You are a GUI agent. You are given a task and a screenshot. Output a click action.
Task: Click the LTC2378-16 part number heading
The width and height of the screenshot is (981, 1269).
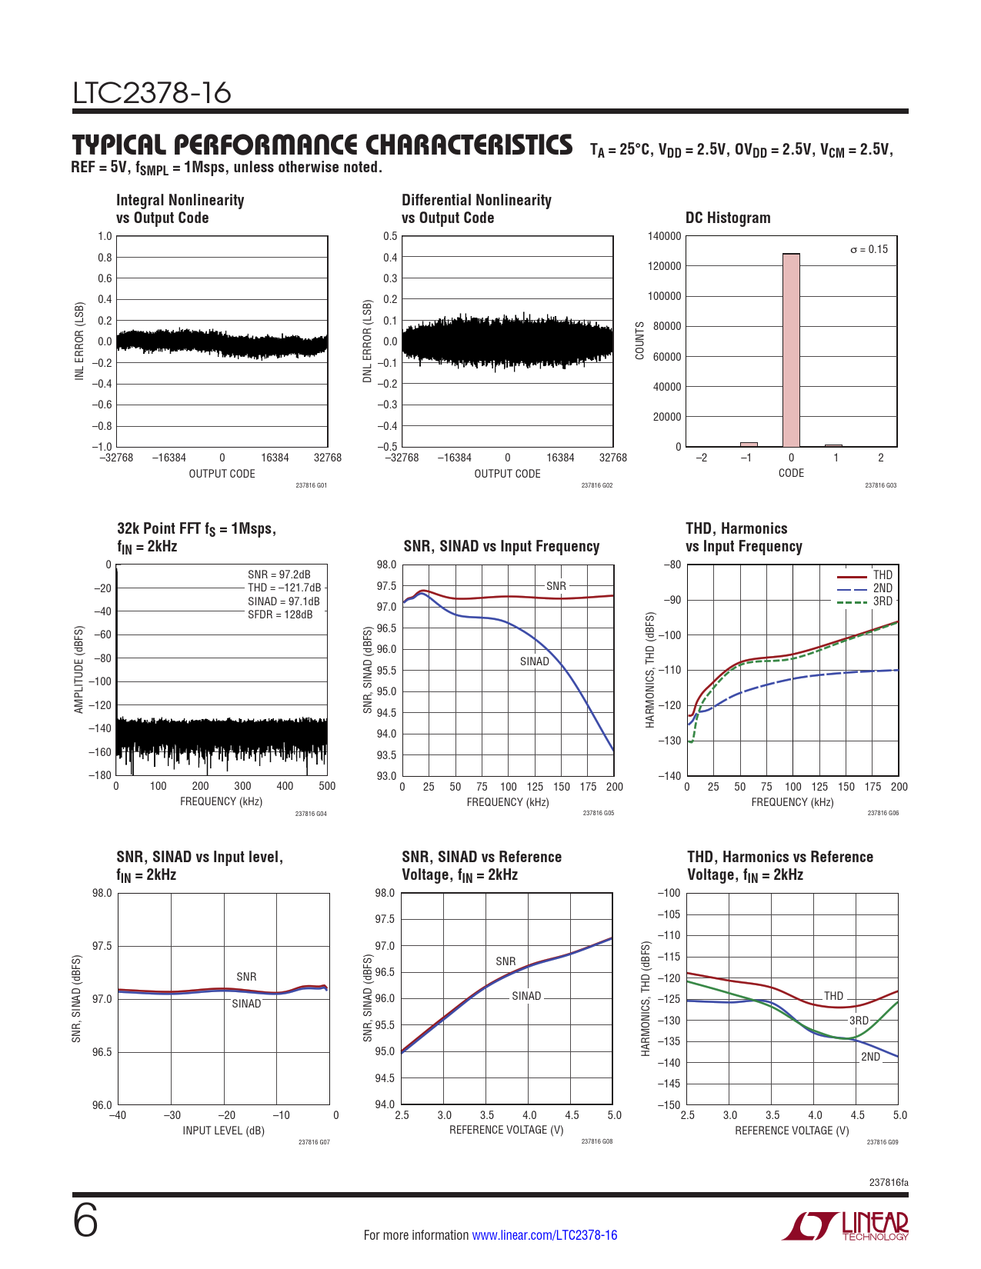[152, 94]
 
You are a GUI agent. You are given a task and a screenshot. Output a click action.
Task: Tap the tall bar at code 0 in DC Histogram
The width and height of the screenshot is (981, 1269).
[791, 350]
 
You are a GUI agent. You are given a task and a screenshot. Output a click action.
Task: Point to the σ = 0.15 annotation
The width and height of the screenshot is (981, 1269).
[869, 249]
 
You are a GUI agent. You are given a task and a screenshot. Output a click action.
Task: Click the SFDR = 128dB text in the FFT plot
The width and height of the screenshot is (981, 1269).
[280, 615]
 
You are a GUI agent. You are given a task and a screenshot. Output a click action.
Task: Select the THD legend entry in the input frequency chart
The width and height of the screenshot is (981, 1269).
[882, 575]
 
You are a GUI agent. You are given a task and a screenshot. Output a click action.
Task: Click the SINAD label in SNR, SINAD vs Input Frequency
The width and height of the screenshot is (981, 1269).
[534, 661]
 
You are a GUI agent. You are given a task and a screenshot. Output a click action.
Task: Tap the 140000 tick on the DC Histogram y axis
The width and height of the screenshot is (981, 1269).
[665, 236]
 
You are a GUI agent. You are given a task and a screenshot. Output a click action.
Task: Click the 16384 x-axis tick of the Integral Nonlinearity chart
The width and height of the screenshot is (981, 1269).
[275, 458]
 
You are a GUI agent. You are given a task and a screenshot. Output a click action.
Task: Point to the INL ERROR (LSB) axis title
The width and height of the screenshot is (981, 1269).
[79, 341]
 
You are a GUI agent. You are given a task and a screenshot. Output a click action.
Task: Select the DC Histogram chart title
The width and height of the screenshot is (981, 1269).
[727, 218]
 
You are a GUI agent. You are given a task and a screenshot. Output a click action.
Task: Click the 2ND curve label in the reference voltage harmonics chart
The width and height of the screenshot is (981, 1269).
[870, 1057]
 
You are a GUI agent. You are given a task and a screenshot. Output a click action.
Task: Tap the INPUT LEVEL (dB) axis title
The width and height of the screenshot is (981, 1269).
[223, 1131]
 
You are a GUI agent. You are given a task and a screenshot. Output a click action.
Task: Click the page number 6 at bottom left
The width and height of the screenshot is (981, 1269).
[85, 1221]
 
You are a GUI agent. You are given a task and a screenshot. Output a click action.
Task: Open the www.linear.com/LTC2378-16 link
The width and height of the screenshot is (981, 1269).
[544, 1235]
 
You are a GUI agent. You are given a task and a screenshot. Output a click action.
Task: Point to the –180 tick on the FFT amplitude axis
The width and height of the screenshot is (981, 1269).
[100, 775]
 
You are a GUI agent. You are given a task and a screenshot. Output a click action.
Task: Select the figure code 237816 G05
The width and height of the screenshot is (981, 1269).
[598, 813]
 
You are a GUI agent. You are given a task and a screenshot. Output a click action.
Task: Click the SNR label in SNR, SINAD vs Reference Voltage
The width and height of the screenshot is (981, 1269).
[506, 961]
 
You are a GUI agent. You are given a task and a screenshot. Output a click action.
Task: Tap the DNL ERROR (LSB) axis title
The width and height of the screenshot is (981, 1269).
[367, 341]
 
